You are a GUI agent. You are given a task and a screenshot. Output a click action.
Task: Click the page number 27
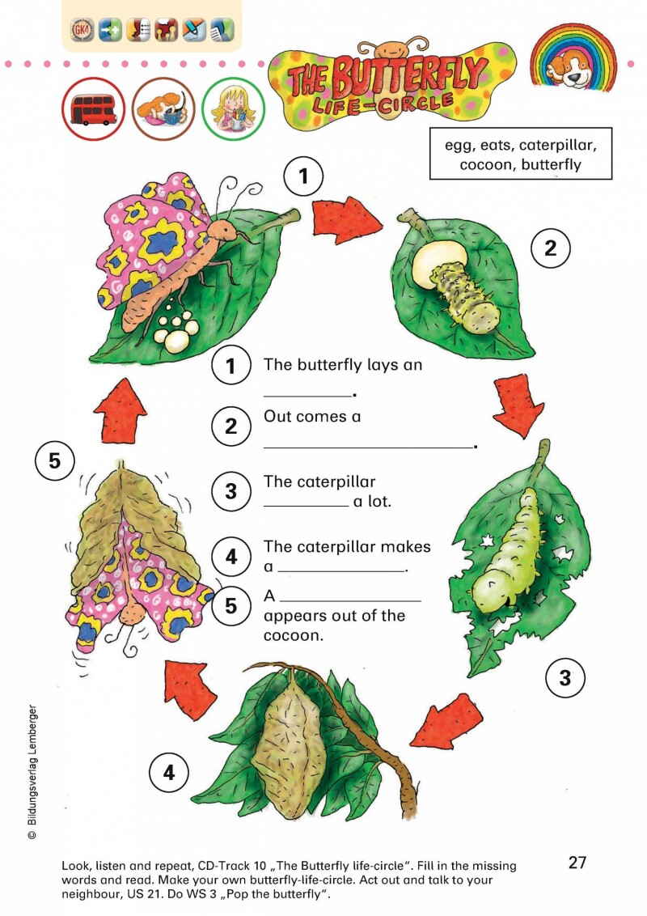[577, 863]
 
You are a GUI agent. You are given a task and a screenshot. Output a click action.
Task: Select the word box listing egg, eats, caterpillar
[521, 155]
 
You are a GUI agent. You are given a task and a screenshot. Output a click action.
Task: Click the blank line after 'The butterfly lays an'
[308, 394]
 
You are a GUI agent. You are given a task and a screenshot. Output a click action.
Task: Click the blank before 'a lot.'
[306, 505]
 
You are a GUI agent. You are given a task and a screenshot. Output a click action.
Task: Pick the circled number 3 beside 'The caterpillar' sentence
[231, 491]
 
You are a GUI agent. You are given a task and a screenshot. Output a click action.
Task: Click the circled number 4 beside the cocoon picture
[168, 773]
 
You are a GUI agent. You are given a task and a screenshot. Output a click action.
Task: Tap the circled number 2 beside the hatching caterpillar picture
[550, 249]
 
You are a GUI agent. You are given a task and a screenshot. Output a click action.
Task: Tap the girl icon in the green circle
[233, 109]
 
